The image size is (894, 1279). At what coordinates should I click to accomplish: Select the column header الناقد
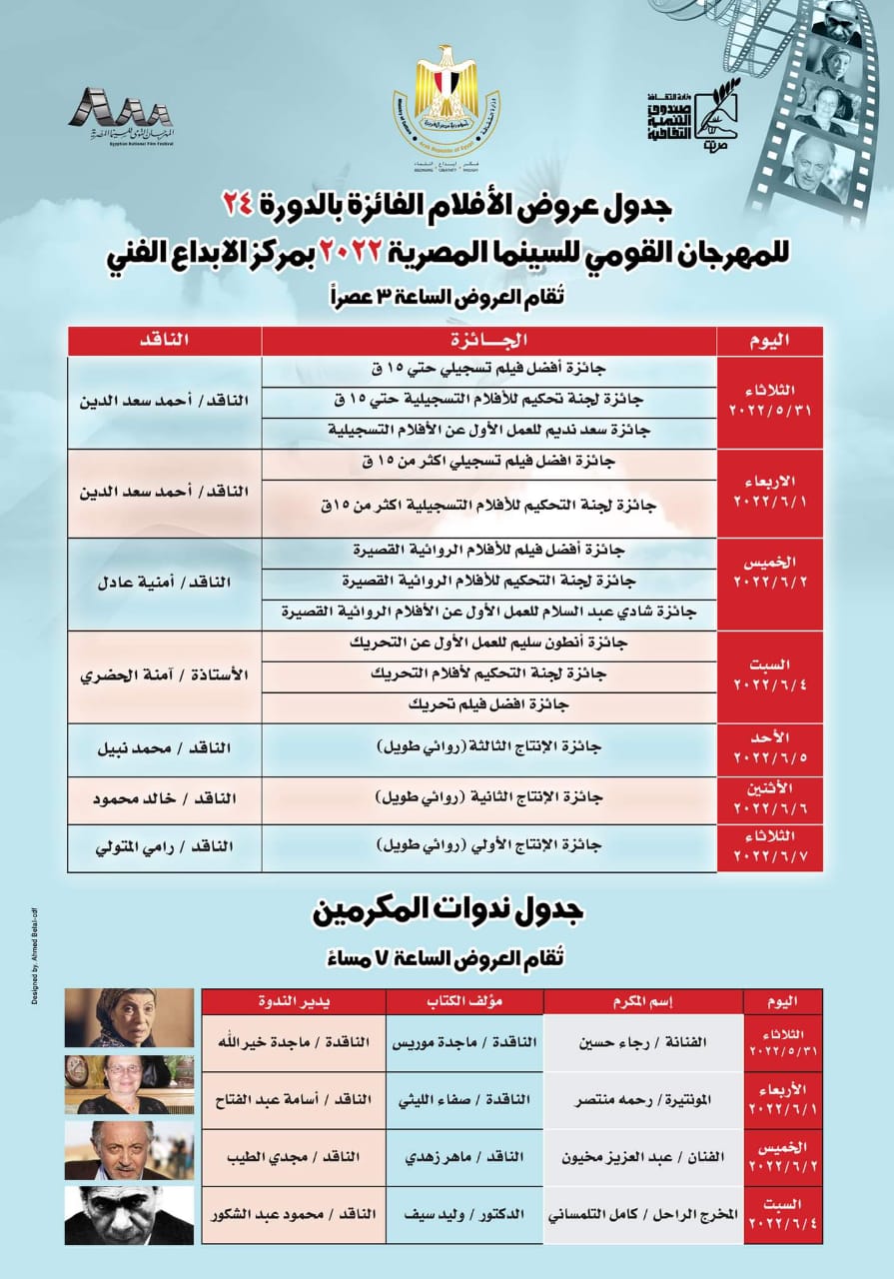coord(164,340)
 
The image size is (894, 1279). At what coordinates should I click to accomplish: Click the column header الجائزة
coord(489,340)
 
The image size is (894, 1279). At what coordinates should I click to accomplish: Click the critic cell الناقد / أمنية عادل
coord(164,583)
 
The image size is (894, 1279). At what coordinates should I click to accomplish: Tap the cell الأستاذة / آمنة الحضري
coord(164,675)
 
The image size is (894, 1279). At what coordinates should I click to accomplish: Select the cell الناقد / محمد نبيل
coord(164,747)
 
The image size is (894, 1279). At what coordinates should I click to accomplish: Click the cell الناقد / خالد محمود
coord(164,800)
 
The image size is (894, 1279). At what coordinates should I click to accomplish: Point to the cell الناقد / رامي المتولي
coord(164,846)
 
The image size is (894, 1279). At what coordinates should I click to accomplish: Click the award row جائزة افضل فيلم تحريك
coord(489,704)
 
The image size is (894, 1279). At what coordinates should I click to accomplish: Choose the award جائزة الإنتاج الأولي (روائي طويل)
coord(489,845)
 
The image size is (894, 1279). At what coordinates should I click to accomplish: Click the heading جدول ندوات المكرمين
coord(447,910)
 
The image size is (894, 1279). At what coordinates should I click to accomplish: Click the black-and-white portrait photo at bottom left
coord(129,1215)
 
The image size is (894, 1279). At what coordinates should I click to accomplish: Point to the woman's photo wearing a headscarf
coord(129,1017)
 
